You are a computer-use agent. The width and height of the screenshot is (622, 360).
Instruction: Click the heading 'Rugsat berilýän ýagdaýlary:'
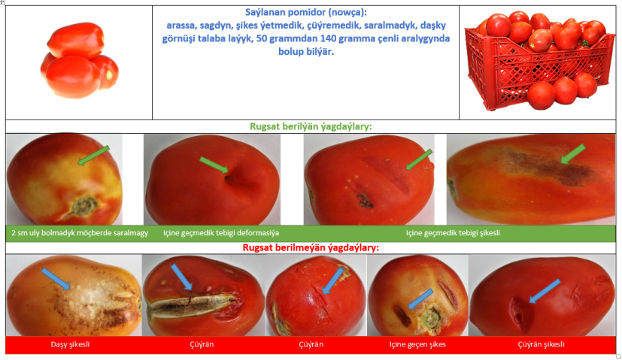point(311,126)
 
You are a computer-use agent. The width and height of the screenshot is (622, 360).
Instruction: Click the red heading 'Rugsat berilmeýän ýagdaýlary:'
point(311,248)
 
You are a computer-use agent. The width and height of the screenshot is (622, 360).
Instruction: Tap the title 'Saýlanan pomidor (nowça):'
point(306,12)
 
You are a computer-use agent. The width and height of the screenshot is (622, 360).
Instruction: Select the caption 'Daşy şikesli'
point(70,344)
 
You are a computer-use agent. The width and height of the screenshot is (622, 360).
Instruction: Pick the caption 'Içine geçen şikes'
point(417,344)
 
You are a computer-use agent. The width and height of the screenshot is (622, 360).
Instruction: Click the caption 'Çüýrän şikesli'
point(541,344)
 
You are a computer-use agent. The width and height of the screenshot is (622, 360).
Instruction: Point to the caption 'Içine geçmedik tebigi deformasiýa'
point(221,233)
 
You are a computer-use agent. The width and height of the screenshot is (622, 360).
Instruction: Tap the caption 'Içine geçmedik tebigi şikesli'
point(453,233)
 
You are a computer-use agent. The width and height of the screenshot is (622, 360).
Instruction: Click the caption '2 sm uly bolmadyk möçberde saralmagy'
point(80,233)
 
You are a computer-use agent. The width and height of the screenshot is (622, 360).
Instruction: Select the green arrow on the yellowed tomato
point(93,156)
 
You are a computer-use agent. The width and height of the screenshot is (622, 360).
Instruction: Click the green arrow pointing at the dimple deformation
point(214,165)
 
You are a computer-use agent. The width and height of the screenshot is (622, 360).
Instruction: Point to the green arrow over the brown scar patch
point(573,154)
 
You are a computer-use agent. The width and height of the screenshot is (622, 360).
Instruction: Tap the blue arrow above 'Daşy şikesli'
point(56,279)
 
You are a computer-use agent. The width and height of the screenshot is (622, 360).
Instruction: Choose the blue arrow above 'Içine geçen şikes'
point(420,298)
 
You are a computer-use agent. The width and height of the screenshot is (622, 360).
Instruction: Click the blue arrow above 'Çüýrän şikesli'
point(545,291)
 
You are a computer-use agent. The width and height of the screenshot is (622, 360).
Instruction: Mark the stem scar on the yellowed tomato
point(84,206)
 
